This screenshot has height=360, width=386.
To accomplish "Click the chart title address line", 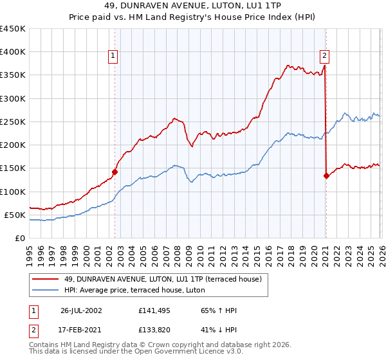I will [192, 6].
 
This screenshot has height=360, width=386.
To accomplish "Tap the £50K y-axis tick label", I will [15, 215].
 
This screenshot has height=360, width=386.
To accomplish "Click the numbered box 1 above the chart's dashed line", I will [113, 56].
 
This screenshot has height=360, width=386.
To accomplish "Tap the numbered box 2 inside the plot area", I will [325, 56].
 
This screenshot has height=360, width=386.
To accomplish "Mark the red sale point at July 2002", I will [115, 172].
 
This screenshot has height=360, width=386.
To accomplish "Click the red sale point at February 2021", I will [326, 175].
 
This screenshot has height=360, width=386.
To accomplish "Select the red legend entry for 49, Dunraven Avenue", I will [162, 280].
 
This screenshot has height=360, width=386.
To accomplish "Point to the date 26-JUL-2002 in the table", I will [81, 310].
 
